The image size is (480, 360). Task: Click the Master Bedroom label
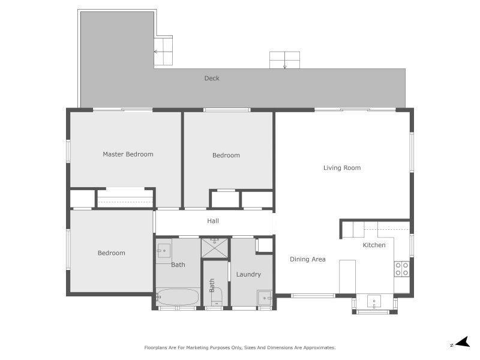point(128,154)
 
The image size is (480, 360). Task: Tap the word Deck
point(212,78)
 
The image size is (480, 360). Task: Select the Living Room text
point(342,168)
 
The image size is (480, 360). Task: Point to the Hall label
point(213,221)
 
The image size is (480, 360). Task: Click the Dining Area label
point(308,259)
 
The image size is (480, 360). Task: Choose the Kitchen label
point(374,245)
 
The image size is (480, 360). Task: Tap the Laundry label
point(248,274)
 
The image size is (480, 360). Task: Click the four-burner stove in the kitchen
point(402,269)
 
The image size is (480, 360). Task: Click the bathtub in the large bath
point(178,296)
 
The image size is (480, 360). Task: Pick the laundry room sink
point(265,297)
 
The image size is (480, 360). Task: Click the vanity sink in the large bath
point(163,250)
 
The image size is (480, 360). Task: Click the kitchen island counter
point(348,276)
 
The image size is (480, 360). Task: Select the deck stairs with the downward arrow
point(284,61)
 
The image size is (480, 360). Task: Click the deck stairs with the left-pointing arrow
point(163,52)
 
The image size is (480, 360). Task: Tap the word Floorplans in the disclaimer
point(157,347)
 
